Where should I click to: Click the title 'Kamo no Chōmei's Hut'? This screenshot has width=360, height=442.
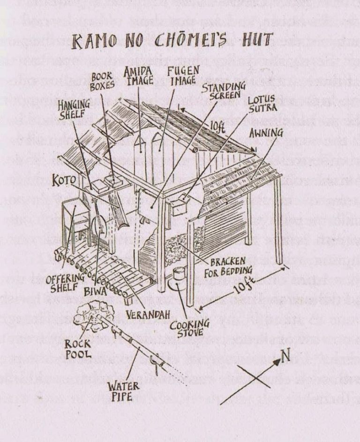click(x=172, y=40)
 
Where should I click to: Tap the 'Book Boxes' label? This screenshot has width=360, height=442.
click(x=102, y=82)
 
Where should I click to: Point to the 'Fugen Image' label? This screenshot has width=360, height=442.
click(x=183, y=76)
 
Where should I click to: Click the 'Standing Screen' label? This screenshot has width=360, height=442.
click(x=224, y=91)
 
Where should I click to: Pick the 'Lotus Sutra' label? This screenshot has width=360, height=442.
click(x=262, y=104)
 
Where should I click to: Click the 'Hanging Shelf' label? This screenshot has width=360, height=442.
click(x=74, y=109)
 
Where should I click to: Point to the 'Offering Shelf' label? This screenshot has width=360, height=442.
click(x=65, y=283)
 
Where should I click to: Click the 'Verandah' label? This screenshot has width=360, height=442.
click(x=145, y=314)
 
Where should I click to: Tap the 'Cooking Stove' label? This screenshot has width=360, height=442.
click(x=189, y=328)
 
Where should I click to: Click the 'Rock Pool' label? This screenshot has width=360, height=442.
click(x=78, y=349)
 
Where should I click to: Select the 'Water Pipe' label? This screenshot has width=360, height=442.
click(x=123, y=391)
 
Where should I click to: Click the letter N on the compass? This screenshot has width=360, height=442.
click(x=285, y=356)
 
